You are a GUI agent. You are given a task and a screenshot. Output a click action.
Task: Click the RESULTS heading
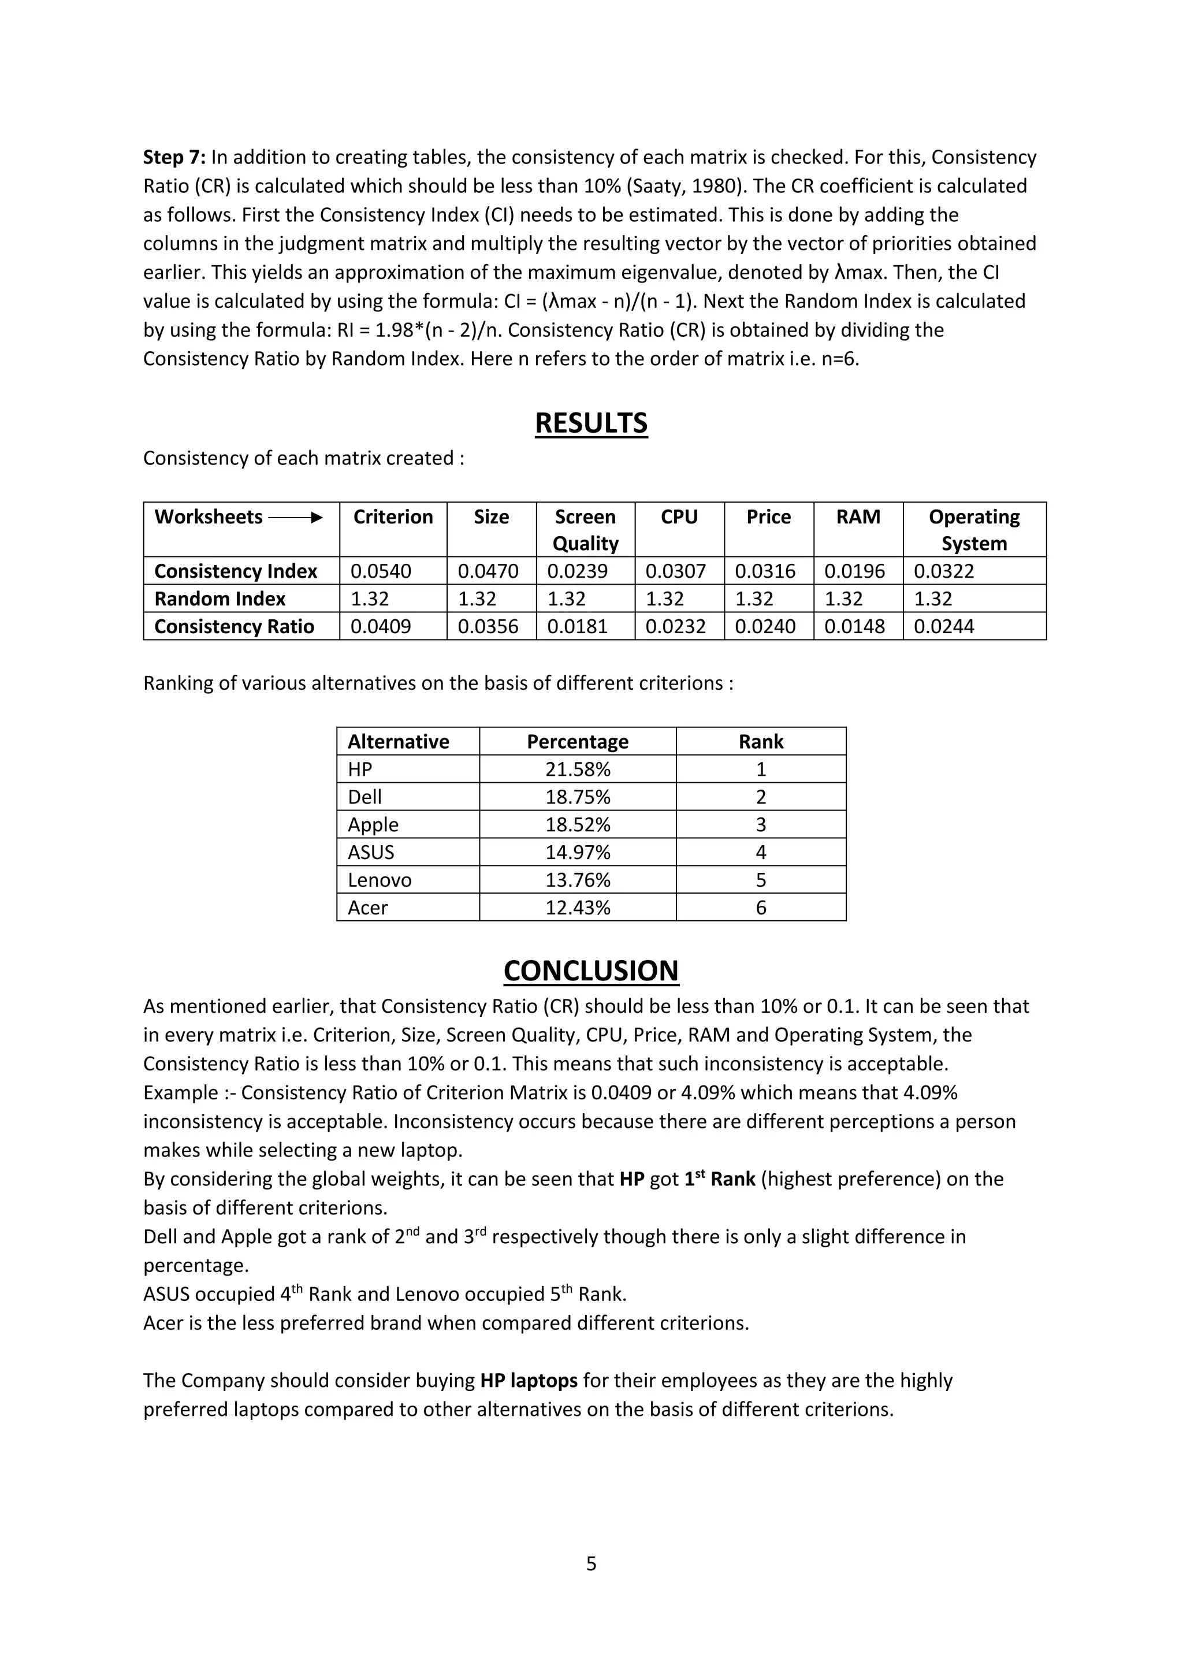click(591, 423)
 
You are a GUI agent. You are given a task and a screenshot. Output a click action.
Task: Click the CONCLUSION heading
click(591, 971)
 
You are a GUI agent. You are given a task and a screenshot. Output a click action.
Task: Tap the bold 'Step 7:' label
click(175, 157)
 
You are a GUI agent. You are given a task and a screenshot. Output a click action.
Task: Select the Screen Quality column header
click(585, 530)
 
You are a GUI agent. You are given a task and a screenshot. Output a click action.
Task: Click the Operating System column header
click(974, 530)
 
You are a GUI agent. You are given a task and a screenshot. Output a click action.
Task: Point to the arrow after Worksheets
click(295, 518)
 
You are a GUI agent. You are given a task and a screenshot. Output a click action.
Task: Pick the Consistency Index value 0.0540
click(380, 571)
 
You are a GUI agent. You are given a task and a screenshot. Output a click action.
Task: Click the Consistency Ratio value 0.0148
click(854, 627)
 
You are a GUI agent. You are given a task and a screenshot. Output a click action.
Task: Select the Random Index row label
click(220, 599)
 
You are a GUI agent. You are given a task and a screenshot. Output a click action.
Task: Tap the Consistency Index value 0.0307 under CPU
click(675, 571)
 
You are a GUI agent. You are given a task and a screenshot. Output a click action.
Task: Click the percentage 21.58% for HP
click(578, 769)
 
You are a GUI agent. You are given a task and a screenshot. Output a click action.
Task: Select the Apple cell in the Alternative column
click(373, 825)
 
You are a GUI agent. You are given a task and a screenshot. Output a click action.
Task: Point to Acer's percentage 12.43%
click(578, 908)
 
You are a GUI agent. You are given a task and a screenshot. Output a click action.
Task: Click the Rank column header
click(761, 742)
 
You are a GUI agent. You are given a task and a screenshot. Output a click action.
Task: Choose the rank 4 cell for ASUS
click(761, 853)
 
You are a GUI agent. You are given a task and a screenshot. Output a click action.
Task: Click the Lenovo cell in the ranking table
click(380, 880)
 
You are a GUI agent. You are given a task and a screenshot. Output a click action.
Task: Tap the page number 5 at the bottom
click(591, 1564)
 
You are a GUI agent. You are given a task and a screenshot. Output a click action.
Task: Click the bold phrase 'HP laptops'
click(529, 1381)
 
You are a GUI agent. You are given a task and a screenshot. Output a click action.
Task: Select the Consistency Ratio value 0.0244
click(943, 627)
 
